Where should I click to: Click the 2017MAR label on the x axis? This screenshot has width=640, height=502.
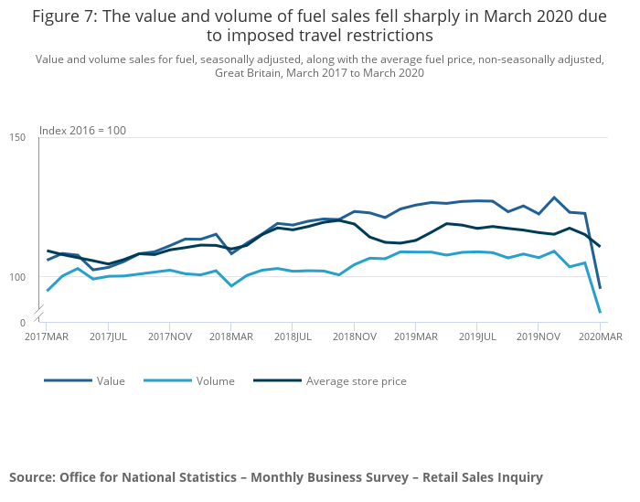click(x=47, y=336)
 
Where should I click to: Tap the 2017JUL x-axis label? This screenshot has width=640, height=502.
click(x=109, y=336)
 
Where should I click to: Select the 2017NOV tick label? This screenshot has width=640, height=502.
click(x=170, y=336)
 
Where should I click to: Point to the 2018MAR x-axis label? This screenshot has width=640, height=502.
click(x=230, y=336)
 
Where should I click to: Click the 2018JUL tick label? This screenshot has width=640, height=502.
click(x=292, y=336)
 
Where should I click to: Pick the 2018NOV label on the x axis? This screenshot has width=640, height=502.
click(x=355, y=336)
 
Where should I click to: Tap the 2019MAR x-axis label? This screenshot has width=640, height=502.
click(x=415, y=336)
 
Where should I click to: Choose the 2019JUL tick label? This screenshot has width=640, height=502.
click(x=476, y=336)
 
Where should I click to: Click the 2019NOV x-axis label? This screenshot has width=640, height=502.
click(x=539, y=336)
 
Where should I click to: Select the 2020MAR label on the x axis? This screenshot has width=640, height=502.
click(x=599, y=336)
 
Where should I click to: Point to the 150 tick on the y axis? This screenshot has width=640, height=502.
click(x=17, y=137)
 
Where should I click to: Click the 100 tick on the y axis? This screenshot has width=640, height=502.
click(x=17, y=277)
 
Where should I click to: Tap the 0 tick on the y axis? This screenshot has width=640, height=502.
click(x=22, y=323)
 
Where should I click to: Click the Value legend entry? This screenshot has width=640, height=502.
click(x=110, y=381)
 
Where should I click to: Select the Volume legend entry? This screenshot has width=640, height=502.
click(x=216, y=381)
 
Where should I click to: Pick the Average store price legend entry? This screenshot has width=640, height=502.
click(x=356, y=381)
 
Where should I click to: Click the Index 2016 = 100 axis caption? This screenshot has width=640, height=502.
click(x=82, y=130)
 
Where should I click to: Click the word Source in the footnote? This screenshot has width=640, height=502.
click(x=32, y=477)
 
